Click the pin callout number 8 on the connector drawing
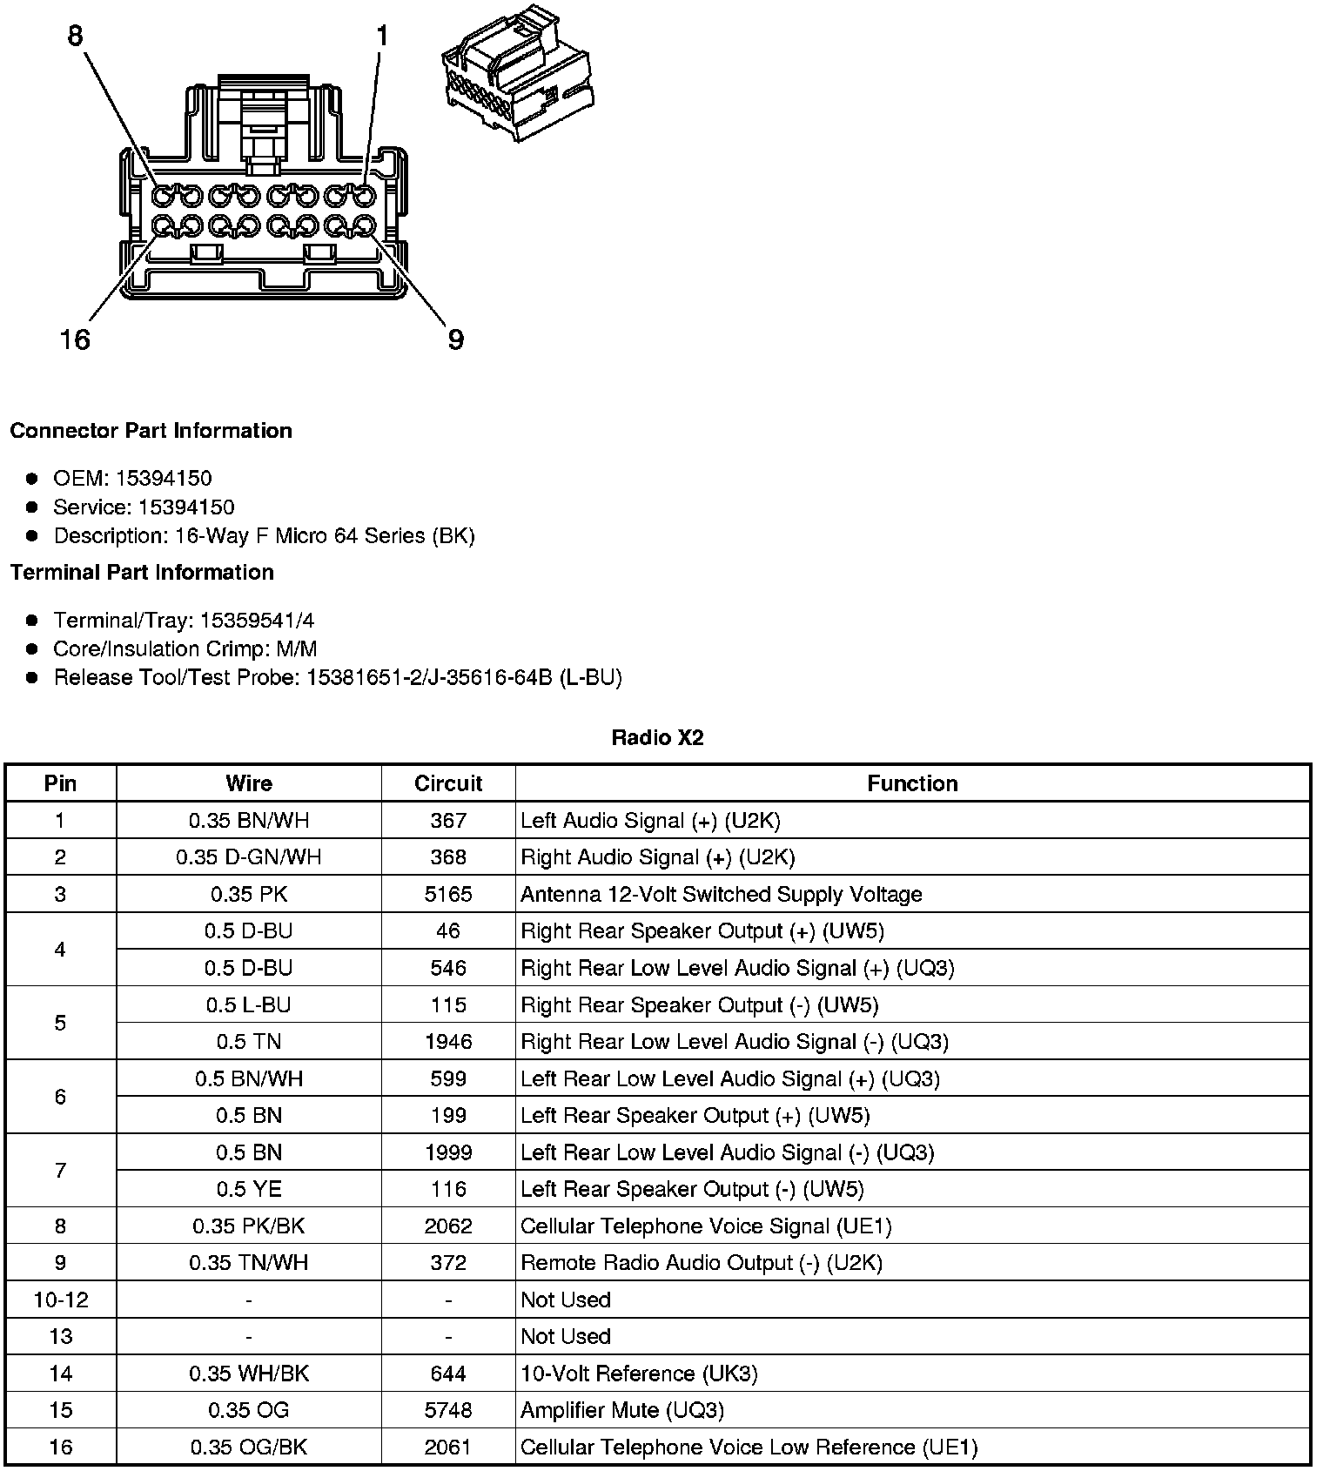[76, 36]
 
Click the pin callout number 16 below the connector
[75, 339]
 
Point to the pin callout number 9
[455, 339]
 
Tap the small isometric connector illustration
[519, 73]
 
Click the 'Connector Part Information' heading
[151, 431]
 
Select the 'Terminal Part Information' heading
[142, 572]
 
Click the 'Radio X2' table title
[657, 738]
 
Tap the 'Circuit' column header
[448, 783]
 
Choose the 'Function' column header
[912, 783]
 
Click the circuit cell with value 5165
[448, 894]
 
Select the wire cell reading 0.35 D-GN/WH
[249, 857]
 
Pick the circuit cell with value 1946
[448, 1042]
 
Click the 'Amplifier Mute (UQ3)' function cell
[622, 1410]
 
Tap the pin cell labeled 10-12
[61, 1300]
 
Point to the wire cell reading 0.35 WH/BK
[249, 1374]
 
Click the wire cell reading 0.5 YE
[249, 1189]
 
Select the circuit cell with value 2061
[448, 1447]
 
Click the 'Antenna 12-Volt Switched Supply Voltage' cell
[722, 894]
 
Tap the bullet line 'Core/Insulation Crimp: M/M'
[185, 648]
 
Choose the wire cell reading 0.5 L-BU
[249, 1005]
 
